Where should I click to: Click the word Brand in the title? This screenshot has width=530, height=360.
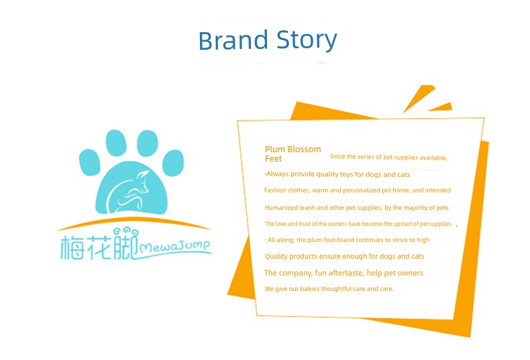click(233, 40)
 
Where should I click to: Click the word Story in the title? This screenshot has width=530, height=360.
click(307, 41)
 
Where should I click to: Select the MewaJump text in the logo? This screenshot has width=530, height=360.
click(174, 246)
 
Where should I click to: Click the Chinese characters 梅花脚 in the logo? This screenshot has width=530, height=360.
click(99, 244)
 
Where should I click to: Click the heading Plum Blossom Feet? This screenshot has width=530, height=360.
click(293, 154)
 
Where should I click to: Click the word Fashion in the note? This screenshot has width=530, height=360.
click(275, 190)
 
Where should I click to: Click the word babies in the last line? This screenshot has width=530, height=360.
click(310, 289)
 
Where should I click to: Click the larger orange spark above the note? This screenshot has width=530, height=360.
click(419, 99)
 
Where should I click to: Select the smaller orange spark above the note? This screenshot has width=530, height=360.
click(441, 107)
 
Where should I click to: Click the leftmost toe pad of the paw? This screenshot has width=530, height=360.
click(90, 162)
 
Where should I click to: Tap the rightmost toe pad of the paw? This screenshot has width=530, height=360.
click(173, 163)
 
